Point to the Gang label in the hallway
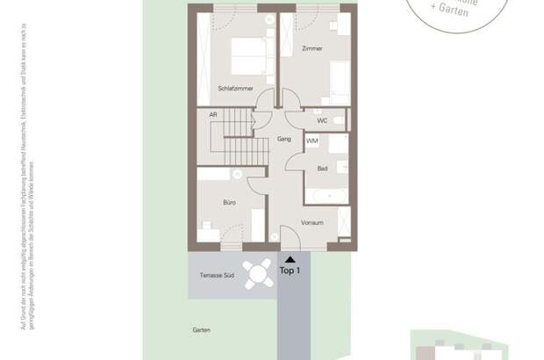pyautogui.click(x=283, y=139)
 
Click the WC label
pyautogui.click(x=322, y=120)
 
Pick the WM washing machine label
pyautogui.click(x=312, y=140)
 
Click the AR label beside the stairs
pyautogui.click(x=213, y=115)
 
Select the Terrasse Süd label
pyautogui.click(x=217, y=276)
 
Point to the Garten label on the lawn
pyautogui.click(x=203, y=330)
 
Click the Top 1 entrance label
pyautogui.click(x=290, y=271)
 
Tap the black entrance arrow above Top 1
pyautogui.click(x=290, y=259)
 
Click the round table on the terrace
pyautogui.click(x=257, y=275)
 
